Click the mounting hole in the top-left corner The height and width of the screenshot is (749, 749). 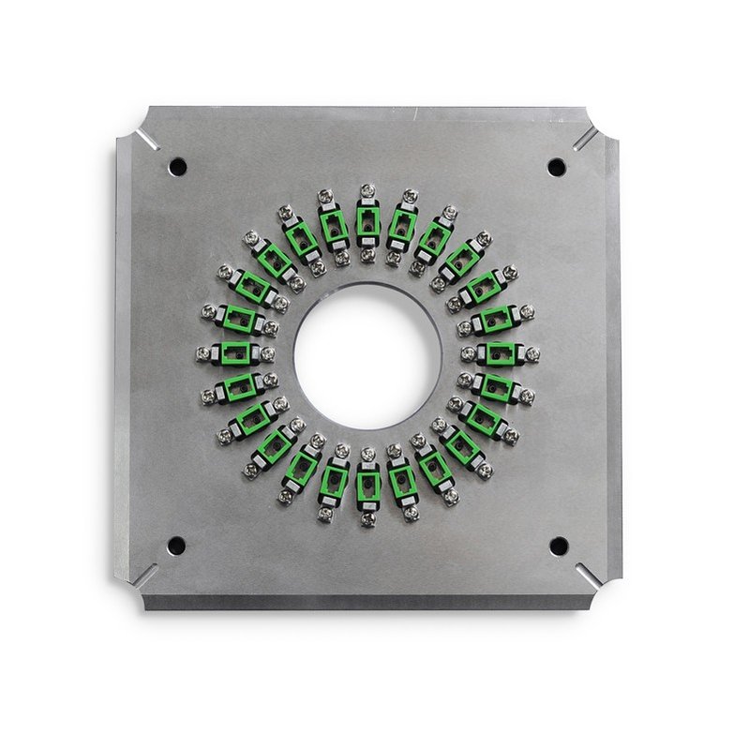[x=177, y=167]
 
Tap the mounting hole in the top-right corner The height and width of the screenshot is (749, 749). [x=557, y=168]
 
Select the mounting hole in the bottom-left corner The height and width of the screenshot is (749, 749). [x=175, y=545]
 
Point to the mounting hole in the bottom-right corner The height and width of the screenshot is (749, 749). [x=559, y=546]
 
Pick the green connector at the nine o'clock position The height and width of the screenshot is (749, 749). [x=235, y=353]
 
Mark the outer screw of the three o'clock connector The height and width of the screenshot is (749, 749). [x=532, y=354]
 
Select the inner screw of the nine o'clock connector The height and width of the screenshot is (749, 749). [x=268, y=353]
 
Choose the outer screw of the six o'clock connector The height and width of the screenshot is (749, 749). [x=367, y=518]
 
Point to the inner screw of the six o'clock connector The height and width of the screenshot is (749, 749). [x=367, y=454]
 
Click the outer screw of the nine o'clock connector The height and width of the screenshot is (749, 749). [x=203, y=353]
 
